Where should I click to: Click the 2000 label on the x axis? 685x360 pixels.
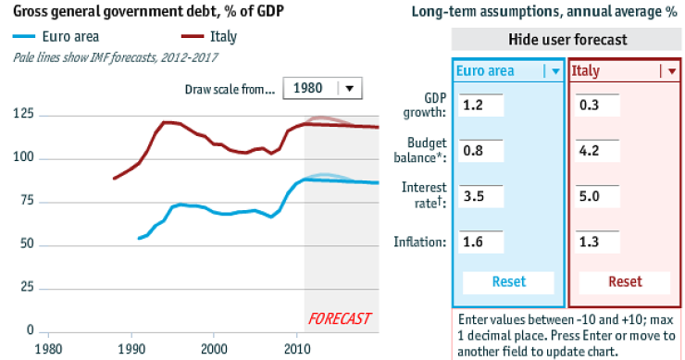(215, 348)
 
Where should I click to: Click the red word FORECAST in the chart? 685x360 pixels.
(339, 319)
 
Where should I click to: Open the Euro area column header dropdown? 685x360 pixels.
(554, 71)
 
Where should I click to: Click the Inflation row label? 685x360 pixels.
(422, 242)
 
